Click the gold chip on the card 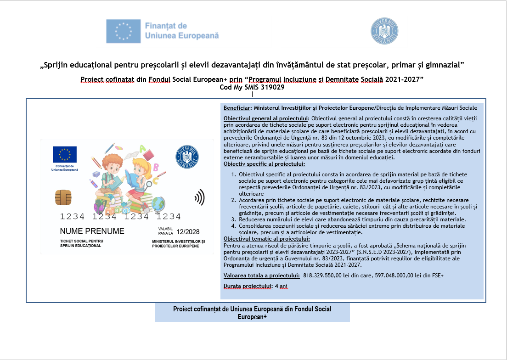click(63, 197)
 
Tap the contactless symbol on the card click(199, 198)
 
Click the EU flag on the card click(64, 155)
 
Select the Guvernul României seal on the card click(187, 157)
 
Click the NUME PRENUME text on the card click(92, 231)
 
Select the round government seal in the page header click(384, 31)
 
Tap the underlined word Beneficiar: click(238, 108)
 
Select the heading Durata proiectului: click(247, 286)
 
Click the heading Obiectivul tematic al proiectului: click(266, 238)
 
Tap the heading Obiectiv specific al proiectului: click(264, 163)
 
